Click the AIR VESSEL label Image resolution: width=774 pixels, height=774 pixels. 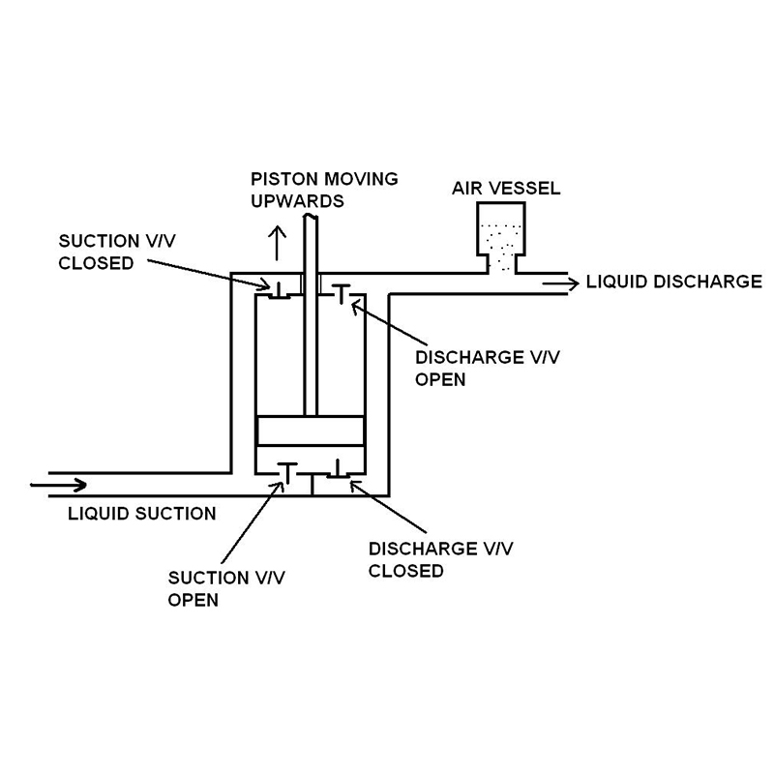point(506,189)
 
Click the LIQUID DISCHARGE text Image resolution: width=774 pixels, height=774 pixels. point(673,283)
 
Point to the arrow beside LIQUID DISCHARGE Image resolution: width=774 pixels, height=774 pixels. point(561,283)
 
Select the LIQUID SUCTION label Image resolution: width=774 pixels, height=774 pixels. point(141,513)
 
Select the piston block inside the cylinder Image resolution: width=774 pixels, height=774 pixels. point(310,432)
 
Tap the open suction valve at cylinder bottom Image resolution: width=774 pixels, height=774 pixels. point(286,471)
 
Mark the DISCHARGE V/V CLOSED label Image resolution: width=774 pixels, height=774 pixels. point(440,559)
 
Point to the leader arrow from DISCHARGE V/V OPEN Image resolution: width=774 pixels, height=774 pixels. point(382,329)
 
